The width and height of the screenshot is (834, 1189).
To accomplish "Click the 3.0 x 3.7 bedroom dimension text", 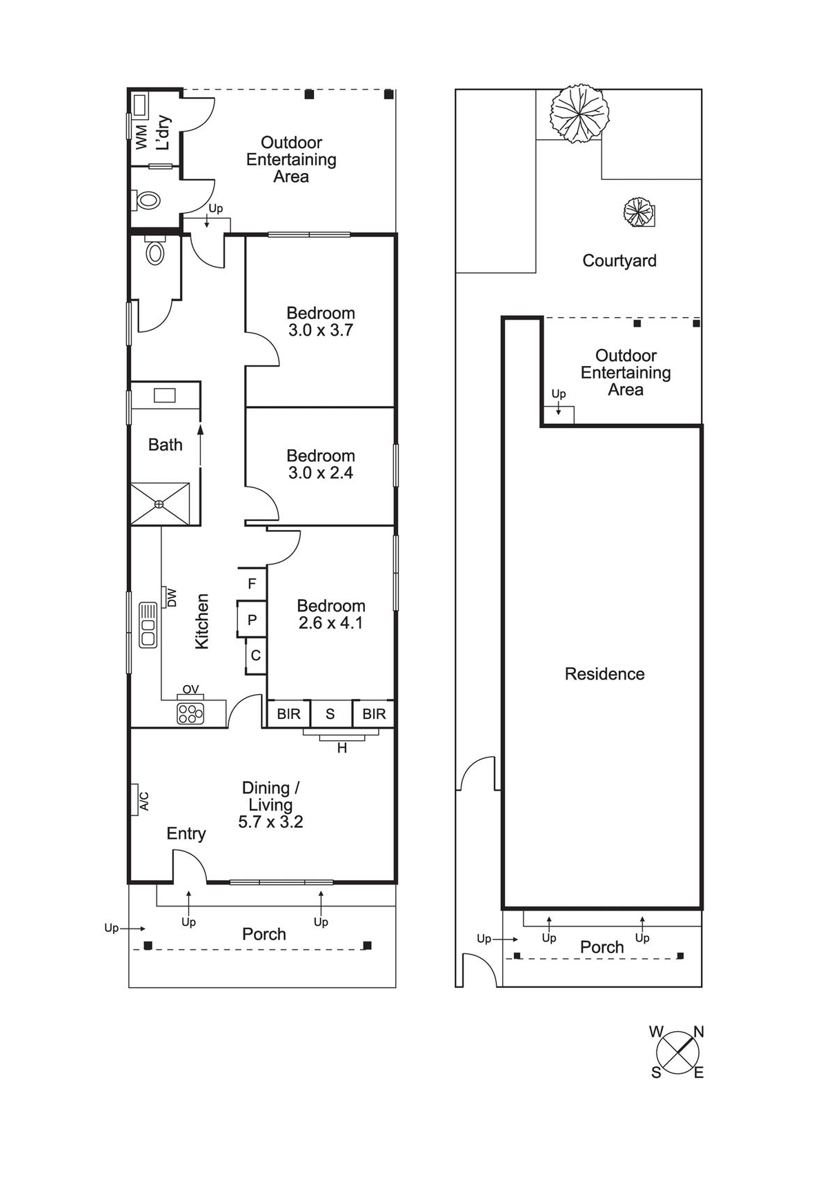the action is click(321, 330).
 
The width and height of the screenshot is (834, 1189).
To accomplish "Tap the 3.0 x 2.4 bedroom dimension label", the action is click(321, 473).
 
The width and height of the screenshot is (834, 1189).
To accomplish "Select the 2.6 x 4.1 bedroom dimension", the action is click(331, 623).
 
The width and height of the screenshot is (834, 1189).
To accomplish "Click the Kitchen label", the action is click(201, 622).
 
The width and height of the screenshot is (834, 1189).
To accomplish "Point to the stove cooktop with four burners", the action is click(190, 713).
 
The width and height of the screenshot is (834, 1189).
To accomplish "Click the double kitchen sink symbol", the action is click(148, 625).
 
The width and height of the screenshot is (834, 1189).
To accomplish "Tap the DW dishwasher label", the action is click(172, 598).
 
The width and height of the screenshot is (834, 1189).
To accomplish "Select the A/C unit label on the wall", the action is click(144, 801).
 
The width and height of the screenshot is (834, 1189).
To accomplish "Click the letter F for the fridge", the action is click(252, 584).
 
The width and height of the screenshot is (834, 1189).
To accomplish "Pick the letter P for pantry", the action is click(252, 620).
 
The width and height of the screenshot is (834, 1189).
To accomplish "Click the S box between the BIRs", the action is click(330, 714).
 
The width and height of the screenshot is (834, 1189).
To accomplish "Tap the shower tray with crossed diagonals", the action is click(160, 504).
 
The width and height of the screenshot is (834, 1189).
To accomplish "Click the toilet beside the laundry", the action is click(147, 201).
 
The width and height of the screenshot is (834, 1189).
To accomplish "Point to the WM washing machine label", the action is click(141, 136).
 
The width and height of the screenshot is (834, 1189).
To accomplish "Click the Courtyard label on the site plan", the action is click(619, 261).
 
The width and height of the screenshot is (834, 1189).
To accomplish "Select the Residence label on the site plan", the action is click(605, 674).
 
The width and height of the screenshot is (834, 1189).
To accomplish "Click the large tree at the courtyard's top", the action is click(579, 113).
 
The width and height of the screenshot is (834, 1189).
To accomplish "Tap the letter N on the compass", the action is click(699, 1032).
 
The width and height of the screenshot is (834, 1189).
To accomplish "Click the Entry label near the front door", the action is click(186, 834).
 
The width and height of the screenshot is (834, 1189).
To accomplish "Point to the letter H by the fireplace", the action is click(342, 748).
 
